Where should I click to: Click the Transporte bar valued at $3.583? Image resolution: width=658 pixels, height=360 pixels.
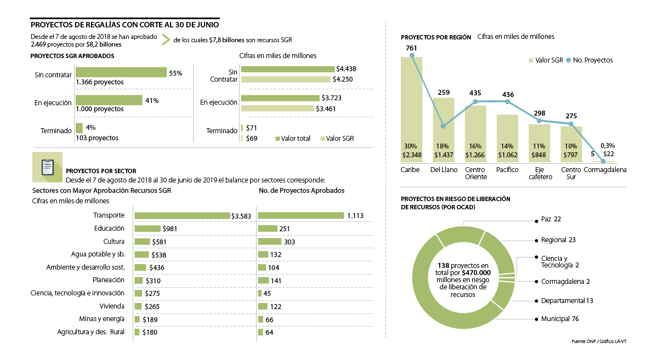[x=182, y=215]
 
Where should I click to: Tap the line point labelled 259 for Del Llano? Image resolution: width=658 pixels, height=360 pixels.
[x=443, y=126]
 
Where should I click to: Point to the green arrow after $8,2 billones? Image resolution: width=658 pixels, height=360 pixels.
[x=164, y=39]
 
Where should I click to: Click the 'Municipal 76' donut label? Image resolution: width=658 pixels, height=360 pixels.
[x=560, y=319]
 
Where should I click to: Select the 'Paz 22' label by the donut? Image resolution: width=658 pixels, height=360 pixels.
[x=551, y=219]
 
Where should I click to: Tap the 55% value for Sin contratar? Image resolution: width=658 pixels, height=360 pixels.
[x=175, y=73]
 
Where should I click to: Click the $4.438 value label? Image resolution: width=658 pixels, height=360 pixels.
[x=347, y=69]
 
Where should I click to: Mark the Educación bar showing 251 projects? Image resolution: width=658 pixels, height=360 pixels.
[x=267, y=228]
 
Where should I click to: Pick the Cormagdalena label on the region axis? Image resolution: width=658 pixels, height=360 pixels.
[x=605, y=170]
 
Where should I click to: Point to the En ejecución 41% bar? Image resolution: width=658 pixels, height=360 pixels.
[x=121, y=100]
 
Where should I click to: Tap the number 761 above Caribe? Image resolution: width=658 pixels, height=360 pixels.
[x=412, y=48]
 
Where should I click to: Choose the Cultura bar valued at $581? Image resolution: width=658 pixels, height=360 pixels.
[x=142, y=242]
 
